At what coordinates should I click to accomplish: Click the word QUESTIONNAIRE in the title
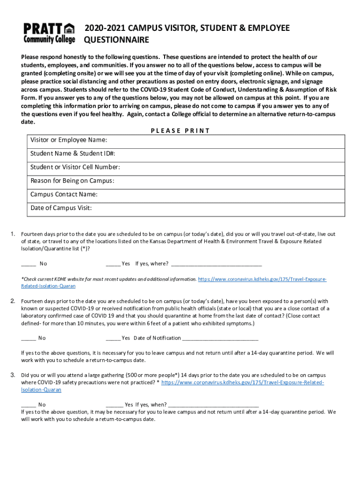pos(116,40)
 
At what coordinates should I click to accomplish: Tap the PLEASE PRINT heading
pos(180,131)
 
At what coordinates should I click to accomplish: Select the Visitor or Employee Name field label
pos(69,140)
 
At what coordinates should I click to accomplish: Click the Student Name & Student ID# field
pos(187,153)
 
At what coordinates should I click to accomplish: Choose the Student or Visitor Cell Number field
pos(187,167)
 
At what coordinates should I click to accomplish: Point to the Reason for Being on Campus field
pos(187,181)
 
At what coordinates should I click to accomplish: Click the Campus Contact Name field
pos(187,194)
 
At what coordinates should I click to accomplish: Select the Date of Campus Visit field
pos(187,208)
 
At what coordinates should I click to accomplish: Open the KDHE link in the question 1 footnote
pos(262,279)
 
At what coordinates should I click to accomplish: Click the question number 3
pos(13,375)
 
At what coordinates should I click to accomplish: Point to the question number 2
pos(13,301)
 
